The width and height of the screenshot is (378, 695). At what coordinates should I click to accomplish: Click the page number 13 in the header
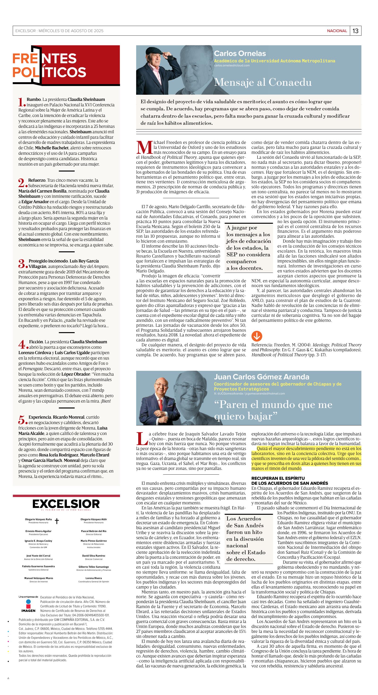(x=355, y=31)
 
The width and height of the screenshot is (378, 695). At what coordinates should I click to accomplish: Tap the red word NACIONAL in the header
(x=337, y=31)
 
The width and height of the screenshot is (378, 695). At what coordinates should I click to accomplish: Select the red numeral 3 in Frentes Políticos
(x=21, y=263)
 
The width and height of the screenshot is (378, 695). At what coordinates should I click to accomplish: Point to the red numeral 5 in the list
(x=21, y=420)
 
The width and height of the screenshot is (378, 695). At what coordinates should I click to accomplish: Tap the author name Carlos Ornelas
(x=240, y=53)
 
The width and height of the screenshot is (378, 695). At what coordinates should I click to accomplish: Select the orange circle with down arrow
(x=257, y=336)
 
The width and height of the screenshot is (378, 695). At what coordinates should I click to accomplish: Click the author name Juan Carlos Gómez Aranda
(x=262, y=377)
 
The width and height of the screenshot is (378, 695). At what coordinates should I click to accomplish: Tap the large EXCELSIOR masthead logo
(x=66, y=504)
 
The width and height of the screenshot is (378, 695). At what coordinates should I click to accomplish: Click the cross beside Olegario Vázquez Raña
(x=57, y=521)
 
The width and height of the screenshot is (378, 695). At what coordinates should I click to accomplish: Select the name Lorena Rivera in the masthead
(x=94, y=578)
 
